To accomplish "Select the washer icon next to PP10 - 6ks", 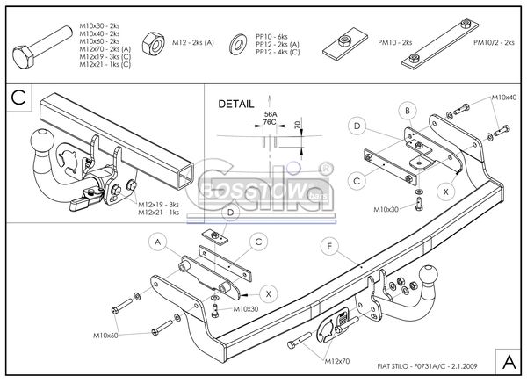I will click(x=237, y=43).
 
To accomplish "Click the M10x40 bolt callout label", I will click(x=503, y=97).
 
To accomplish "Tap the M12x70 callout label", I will click(x=336, y=361).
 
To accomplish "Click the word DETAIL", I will click(x=236, y=104).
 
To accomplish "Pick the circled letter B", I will click(x=408, y=111).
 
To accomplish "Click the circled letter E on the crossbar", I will click(x=328, y=246).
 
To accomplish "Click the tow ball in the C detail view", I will click(x=41, y=141).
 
